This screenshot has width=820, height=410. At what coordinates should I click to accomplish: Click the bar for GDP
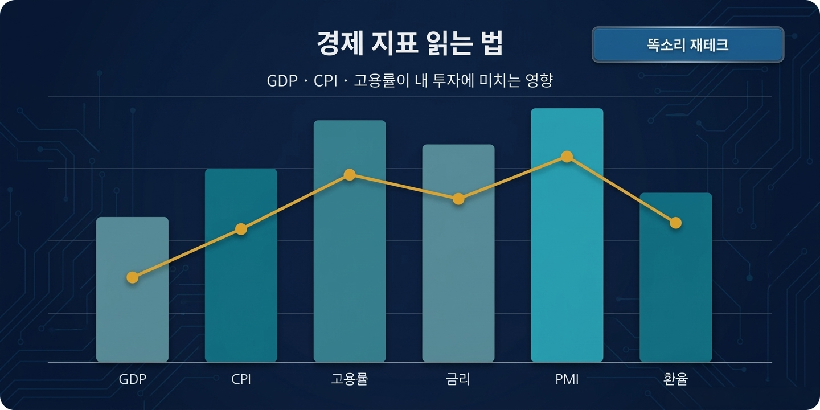[132, 319]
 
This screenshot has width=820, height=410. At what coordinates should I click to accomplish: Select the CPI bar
[241, 296]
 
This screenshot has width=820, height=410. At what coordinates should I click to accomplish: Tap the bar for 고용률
[350, 268]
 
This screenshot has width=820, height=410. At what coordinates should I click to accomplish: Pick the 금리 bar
[458, 279]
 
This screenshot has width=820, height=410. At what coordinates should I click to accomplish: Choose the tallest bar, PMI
[567, 256]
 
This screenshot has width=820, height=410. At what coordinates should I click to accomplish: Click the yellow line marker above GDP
[132, 277]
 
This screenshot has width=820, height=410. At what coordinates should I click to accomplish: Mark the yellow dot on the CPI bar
[241, 229]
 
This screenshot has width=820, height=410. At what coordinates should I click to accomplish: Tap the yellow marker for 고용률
[350, 174]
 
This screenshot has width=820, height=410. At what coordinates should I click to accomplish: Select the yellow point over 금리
[458, 199]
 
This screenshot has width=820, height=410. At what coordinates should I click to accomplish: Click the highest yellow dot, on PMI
[567, 157]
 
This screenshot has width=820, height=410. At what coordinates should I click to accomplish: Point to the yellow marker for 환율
[675, 223]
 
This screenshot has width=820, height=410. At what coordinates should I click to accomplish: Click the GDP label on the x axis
[132, 379]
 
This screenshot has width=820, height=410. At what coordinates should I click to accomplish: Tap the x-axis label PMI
[567, 379]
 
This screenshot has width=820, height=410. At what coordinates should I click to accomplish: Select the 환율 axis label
[675, 379]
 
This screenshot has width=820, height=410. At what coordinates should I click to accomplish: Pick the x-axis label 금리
[458, 379]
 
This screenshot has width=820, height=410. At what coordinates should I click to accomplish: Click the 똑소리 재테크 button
[688, 44]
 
